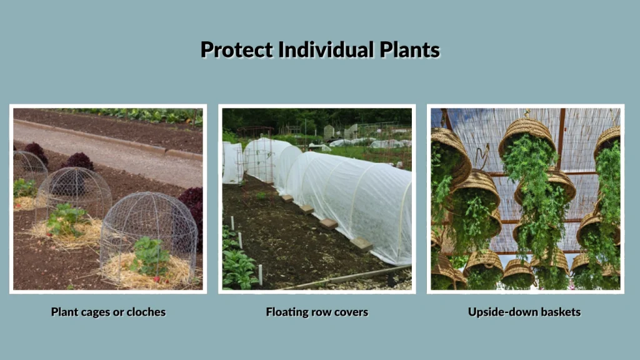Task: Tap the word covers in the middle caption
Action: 352,312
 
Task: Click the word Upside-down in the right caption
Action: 499,312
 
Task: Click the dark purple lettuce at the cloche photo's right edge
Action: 193,206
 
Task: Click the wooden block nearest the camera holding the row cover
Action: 361,244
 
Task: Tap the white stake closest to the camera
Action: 260,274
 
